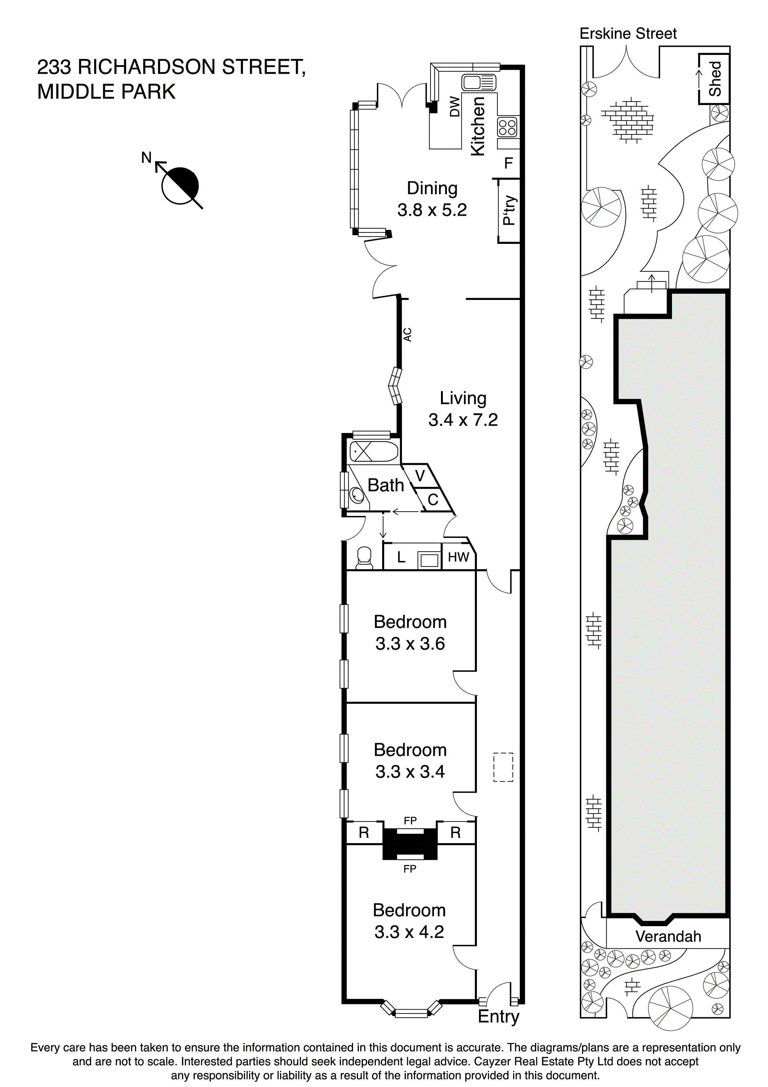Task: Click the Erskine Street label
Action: tap(628, 33)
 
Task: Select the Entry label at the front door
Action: tap(498, 1016)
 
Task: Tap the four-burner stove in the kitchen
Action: tap(507, 127)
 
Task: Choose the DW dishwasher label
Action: tap(454, 107)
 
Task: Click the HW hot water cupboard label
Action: tap(458, 557)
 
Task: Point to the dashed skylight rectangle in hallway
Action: tap(503, 767)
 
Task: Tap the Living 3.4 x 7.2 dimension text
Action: tap(463, 420)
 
